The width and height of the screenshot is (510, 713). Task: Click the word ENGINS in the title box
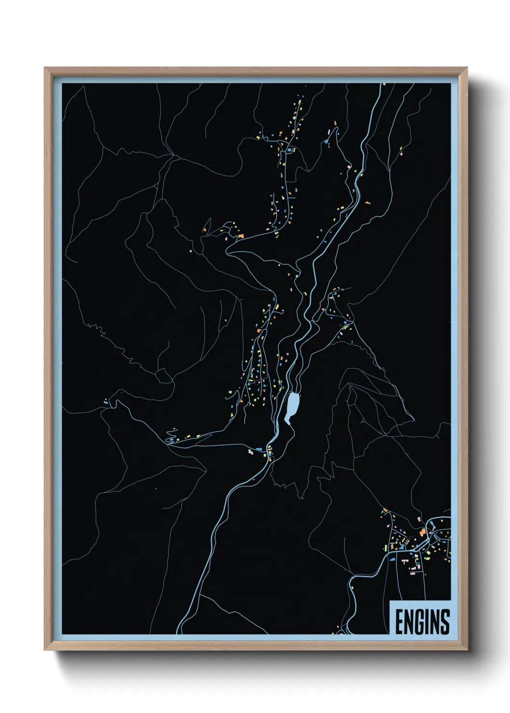tap(422, 622)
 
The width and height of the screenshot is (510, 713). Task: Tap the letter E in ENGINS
tap(400, 622)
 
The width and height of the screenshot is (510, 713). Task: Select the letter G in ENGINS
tap(420, 622)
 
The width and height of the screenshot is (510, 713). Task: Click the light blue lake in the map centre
tap(292, 407)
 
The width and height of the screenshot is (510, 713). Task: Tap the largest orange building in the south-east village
tap(422, 532)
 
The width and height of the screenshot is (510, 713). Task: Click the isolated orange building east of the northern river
tap(368, 203)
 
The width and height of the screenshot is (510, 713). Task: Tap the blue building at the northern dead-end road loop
tap(327, 141)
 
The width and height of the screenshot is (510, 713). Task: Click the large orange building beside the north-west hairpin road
tap(241, 236)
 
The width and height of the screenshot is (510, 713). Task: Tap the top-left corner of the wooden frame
tap(45, 68)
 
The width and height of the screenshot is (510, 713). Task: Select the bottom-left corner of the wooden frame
tap(45, 650)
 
